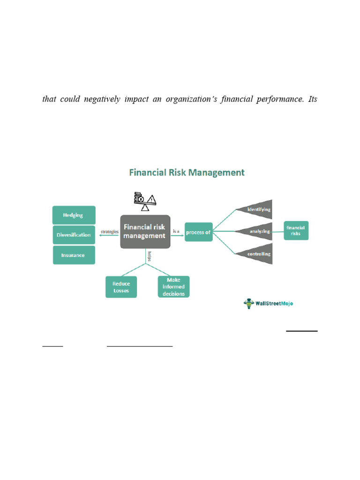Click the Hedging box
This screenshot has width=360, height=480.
click(x=74, y=215)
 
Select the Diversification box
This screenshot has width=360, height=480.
click(x=74, y=235)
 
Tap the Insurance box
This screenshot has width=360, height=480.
click(x=74, y=255)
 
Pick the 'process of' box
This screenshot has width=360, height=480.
click(x=198, y=232)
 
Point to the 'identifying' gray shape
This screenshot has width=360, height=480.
click(x=256, y=209)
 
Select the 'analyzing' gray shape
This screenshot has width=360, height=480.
click(x=256, y=232)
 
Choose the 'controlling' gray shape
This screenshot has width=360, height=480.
click(x=256, y=254)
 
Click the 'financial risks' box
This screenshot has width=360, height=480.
click(x=296, y=231)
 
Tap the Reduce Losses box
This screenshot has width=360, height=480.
click(x=121, y=287)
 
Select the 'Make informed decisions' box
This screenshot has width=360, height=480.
click(x=173, y=287)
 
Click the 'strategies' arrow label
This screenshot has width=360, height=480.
click(x=109, y=232)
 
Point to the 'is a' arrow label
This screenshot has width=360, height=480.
click(x=176, y=231)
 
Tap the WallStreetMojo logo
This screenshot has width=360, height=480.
click(x=269, y=303)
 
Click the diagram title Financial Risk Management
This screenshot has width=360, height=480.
click(x=187, y=172)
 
